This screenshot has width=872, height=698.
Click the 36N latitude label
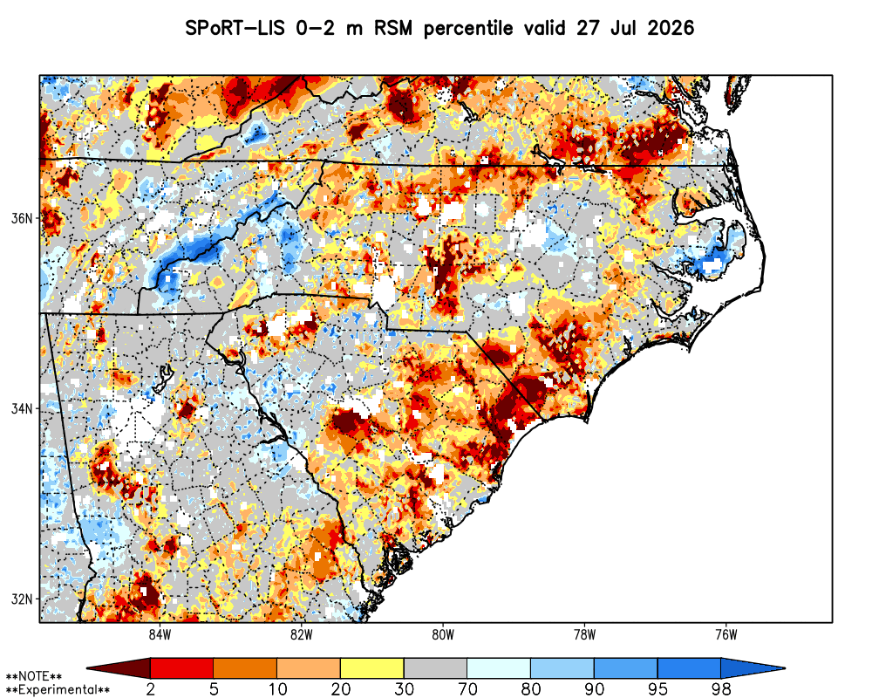22,218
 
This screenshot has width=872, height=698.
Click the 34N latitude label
22,409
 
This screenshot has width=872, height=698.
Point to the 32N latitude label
22,599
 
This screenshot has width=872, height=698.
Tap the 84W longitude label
160,634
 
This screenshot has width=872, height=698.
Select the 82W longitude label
302,634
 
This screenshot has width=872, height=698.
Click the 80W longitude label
443,634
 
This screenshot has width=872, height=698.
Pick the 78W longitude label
584,634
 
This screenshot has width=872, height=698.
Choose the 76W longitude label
726,634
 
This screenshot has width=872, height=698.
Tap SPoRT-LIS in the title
235,28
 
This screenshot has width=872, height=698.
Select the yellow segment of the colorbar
372,668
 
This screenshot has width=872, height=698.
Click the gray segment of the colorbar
435,668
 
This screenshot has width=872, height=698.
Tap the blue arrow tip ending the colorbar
783,668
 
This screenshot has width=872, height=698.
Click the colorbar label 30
405,689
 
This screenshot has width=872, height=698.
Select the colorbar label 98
721,689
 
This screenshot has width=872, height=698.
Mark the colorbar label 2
151,689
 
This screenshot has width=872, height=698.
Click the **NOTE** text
33,677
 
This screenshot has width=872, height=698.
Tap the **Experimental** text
58,690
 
